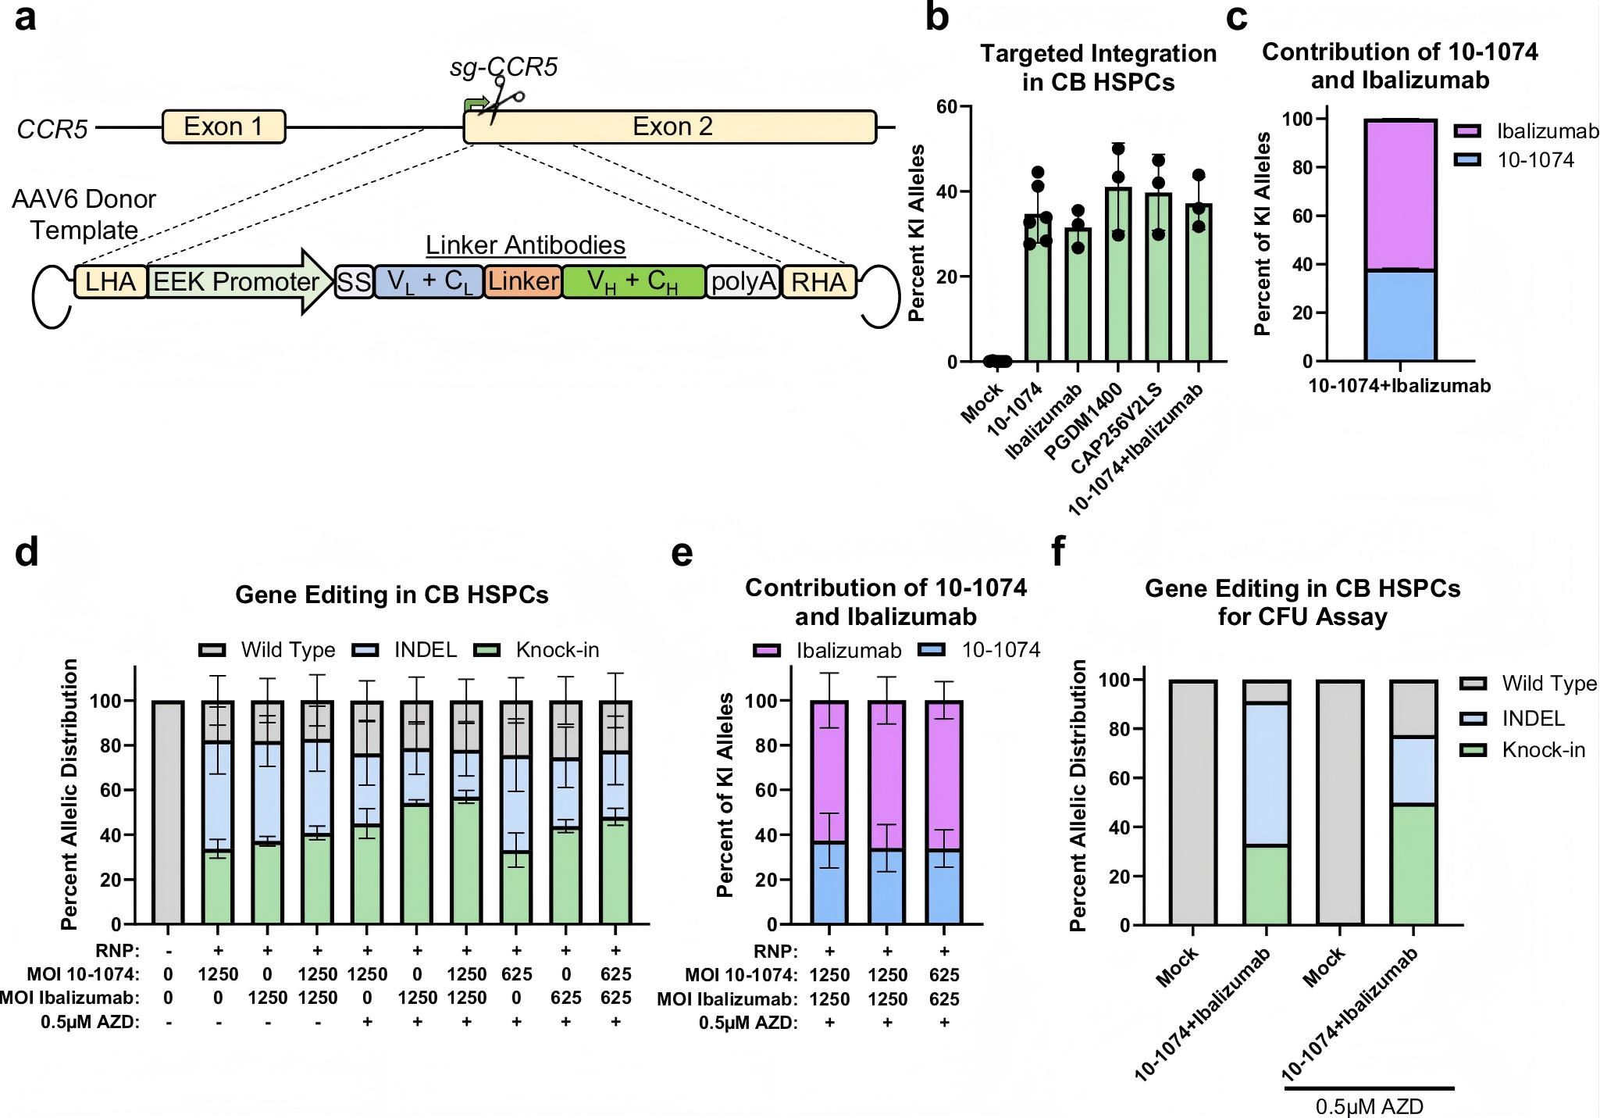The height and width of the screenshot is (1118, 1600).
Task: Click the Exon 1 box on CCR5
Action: pos(223,127)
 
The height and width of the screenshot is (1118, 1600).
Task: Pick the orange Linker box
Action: pos(523,281)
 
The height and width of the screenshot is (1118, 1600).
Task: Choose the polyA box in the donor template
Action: pos(743,281)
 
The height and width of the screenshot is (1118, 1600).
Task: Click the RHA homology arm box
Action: pos(818,282)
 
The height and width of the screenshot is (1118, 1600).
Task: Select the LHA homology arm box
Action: pos(110,282)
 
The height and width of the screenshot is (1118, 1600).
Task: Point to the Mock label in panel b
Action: pos(982,404)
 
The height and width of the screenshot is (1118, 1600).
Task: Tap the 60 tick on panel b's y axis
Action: pos(946,106)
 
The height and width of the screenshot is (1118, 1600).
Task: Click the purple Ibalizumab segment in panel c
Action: pos(1400,195)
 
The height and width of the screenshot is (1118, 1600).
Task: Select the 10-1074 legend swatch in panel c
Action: pos(1467,160)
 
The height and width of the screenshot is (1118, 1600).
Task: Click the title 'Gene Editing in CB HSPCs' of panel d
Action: pos(392,595)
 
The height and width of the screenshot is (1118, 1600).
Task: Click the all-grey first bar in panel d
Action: pos(168,813)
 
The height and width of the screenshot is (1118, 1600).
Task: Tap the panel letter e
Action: pos(682,553)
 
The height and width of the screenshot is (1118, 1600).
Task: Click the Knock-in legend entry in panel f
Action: pos(1543,750)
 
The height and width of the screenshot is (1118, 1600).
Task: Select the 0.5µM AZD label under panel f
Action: pos(1369,1106)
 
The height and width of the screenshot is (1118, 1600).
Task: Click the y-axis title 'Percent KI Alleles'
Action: pos(917,233)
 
